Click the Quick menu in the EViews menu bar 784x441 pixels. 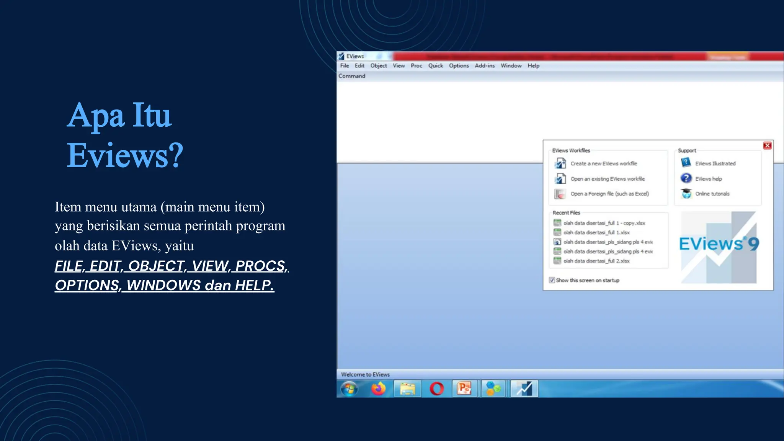pos(435,66)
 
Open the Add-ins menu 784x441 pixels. pos(484,66)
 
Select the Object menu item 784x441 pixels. pos(378,66)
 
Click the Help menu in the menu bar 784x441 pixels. pos(533,66)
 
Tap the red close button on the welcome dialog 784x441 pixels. pos(767,145)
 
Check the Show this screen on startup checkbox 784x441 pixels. pos(552,280)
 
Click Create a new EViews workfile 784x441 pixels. pos(603,163)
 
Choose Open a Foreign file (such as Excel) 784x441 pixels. pos(609,194)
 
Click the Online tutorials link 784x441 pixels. pos(712,194)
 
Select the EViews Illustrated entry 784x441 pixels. pos(715,163)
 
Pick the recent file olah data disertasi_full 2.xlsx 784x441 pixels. pos(596,261)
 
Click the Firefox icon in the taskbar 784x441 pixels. pos(378,389)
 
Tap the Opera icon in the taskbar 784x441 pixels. pos(436,389)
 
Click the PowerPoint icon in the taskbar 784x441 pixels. pos(464,389)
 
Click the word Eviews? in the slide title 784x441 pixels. pos(125,155)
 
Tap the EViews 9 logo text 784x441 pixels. pos(719,244)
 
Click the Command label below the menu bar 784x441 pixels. pos(351,76)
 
